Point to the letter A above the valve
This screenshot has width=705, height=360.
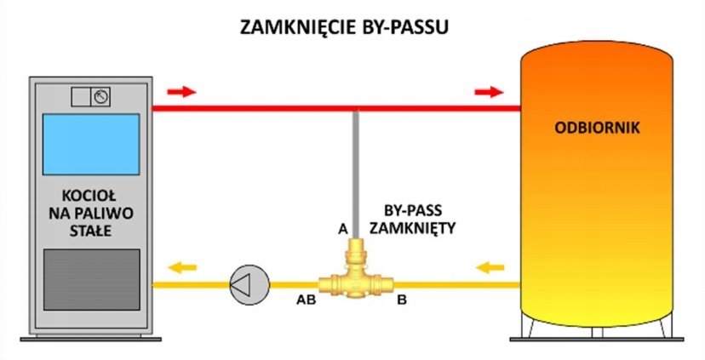click(342, 229)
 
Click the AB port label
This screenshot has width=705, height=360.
click(305, 300)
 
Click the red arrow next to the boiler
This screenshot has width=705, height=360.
click(182, 91)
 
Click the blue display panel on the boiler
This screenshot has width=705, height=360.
click(90, 144)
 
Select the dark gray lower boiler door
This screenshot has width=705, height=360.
click(90, 285)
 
